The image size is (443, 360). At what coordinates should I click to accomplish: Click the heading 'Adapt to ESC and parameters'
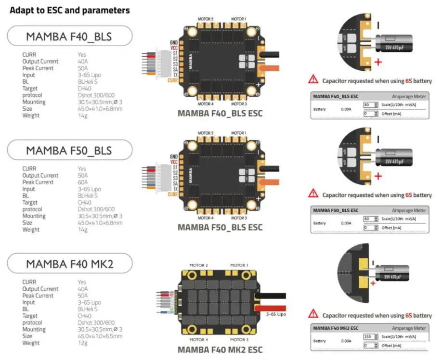pyautogui.click(x=70, y=10)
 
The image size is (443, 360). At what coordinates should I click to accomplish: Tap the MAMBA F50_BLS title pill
pyautogui.click(x=70, y=150)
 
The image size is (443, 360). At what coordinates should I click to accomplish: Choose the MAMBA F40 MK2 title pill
pyautogui.click(x=70, y=264)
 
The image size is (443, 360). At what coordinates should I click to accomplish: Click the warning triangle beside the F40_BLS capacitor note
pyautogui.click(x=313, y=79)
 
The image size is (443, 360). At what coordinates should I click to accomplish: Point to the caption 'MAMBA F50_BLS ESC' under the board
pyautogui.click(x=220, y=227)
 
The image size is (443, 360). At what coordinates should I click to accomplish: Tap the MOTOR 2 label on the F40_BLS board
pyautogui.click(x=206, y=19)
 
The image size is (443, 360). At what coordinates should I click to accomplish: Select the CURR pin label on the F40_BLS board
pyautogui.click(x=172, y=80)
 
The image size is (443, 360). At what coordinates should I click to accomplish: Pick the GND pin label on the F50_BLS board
pyautogui.click(x=173, y=156)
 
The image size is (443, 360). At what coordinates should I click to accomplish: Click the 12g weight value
pyautogui.click(x=82, y=343)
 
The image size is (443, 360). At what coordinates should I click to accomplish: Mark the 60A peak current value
pyautogui.click(x=82, y=182)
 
